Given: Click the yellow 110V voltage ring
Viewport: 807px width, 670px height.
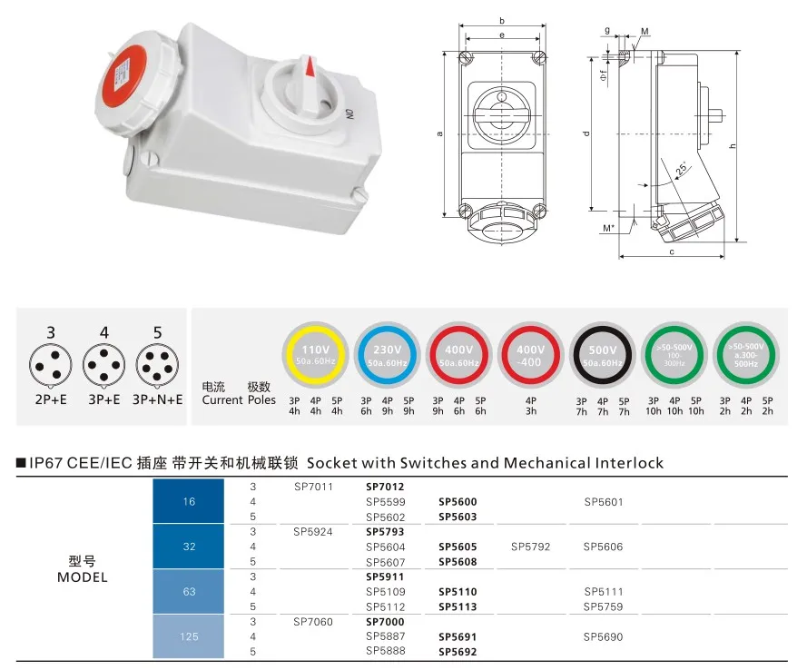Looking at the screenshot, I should pos(315,355).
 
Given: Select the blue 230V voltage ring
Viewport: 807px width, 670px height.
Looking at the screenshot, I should pos(388,355).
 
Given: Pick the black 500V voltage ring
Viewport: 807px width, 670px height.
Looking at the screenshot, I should pos(604,355).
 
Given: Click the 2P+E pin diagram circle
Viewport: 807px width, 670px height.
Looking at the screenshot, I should pos(51,367).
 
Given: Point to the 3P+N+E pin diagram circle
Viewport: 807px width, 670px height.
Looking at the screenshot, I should pos(157,367).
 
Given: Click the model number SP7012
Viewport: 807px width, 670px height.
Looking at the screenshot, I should pos(385,487).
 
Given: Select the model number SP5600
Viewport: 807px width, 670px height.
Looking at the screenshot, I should pos(458,502).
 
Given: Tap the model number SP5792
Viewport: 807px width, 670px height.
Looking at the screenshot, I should pos(530,547).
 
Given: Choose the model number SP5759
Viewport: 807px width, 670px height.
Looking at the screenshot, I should pos(604,606).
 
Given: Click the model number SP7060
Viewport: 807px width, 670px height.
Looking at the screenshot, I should pos(314,622).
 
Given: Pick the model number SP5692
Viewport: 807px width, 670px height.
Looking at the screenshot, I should pos(458,651).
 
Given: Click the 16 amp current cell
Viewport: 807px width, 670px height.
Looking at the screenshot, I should pos(189,502).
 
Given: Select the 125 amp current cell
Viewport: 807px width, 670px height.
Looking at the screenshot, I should pos(189,636).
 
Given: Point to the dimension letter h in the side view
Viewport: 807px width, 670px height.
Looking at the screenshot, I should pos(732,145).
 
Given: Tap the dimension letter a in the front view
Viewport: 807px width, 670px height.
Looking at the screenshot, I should pos(439,134).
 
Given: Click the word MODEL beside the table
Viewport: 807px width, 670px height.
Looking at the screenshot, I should pos(82,577).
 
